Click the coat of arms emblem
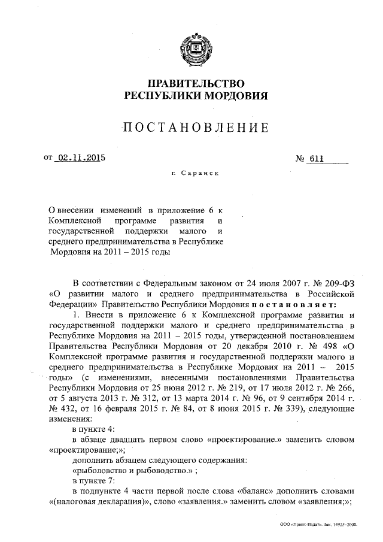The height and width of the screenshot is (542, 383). (196, 50)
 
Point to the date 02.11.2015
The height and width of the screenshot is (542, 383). (79, 159)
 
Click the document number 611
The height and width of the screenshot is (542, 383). (315, 159)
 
